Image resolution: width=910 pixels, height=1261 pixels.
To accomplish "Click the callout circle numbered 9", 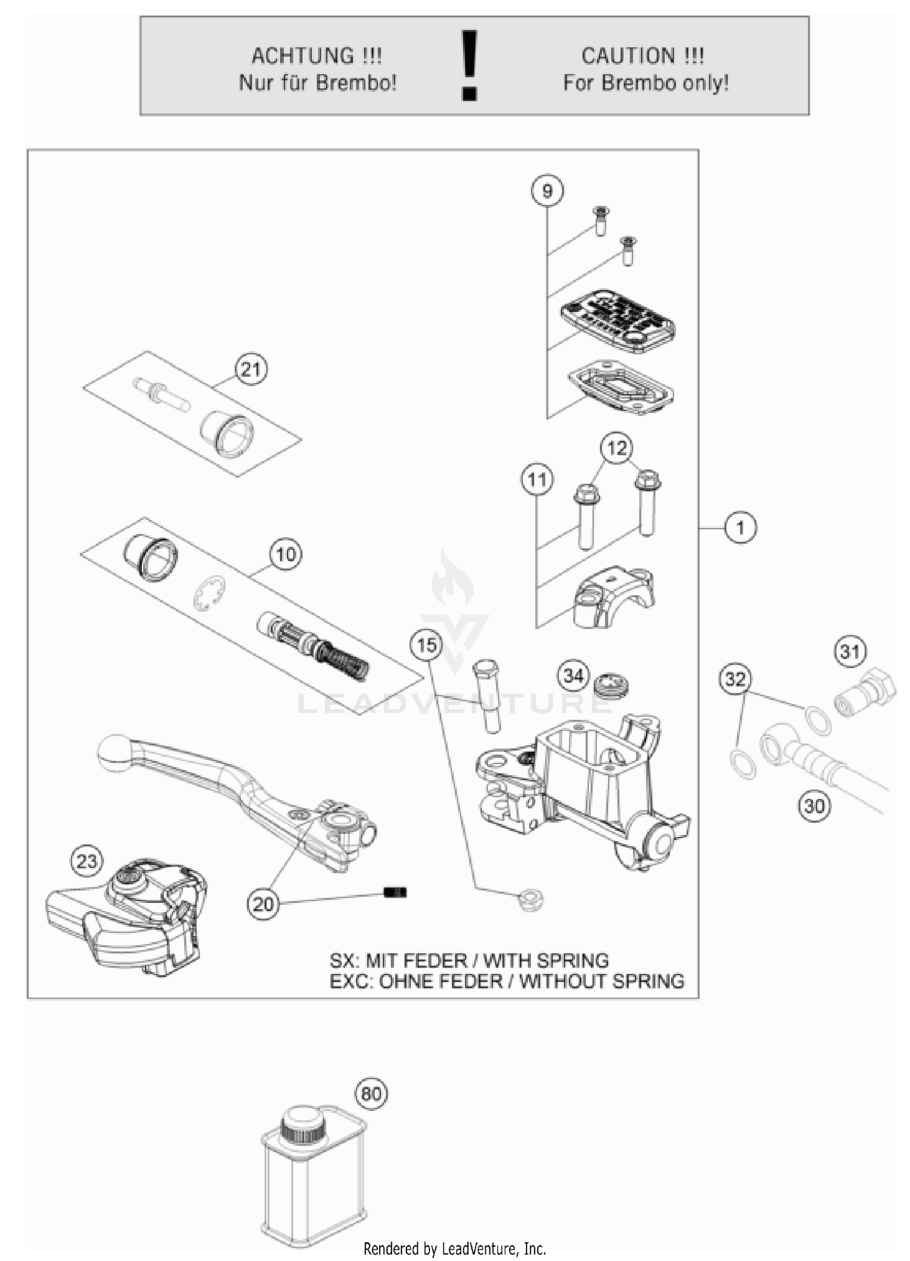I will [x=547, y=191].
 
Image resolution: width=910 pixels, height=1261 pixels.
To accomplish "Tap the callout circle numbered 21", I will [x=251, y=369].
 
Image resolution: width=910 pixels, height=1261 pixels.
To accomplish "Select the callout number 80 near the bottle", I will [x=371, y=1094].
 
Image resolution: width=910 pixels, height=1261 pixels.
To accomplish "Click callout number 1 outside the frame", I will [x=740, y=527].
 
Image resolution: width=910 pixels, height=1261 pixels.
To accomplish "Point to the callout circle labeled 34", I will [x=573, y=675].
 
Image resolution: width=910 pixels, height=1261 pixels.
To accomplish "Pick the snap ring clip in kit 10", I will [x=209, y=592].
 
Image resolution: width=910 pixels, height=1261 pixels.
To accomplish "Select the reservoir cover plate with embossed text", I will [x=618, y=320].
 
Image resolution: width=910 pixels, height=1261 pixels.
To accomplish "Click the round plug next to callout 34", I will [x=611, y=686].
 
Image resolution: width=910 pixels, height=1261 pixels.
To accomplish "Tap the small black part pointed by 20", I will [x=395, y=891].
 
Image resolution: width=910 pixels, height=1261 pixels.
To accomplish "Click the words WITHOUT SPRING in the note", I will [x=602, y=981].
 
